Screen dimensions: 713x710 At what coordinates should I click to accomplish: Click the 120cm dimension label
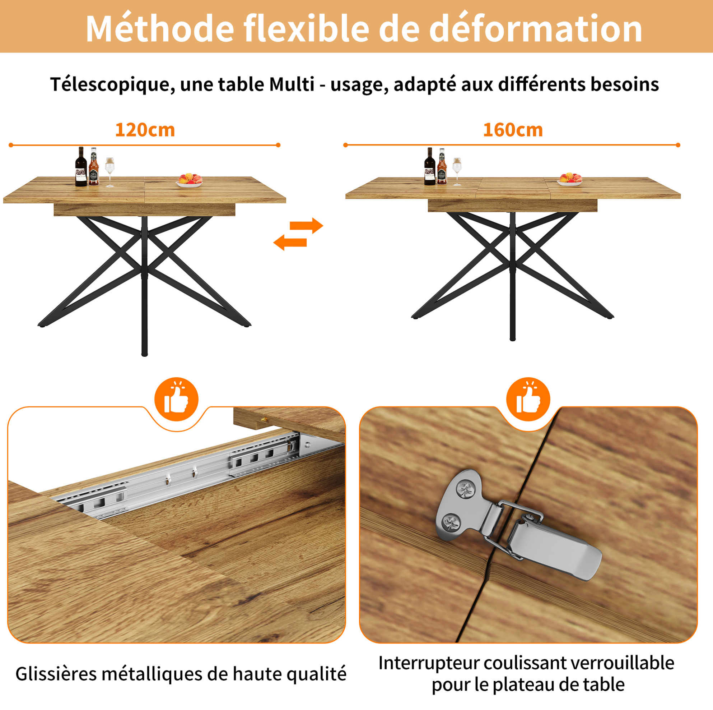coord(145,130)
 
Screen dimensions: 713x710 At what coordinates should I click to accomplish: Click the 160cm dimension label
coord(513,130)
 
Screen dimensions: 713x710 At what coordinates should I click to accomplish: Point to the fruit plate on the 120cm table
coord(189,181)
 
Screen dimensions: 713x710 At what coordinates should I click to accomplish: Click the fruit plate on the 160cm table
coord(570,179)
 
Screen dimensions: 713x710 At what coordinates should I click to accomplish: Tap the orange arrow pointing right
coord(306,226)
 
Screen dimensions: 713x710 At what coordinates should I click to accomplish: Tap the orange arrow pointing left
coord(290,242)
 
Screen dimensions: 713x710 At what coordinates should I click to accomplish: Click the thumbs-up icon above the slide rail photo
coord(176,400)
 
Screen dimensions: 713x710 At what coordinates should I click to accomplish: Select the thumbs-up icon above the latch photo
coord(528,400)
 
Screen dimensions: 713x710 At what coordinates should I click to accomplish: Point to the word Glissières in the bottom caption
coord(56,674)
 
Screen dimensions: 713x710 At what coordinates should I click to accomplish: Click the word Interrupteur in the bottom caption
coord(428,663)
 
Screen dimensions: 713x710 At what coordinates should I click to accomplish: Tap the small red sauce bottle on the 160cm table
coord(442,167)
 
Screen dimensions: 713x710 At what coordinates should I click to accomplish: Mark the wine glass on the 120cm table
coord(110,172)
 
